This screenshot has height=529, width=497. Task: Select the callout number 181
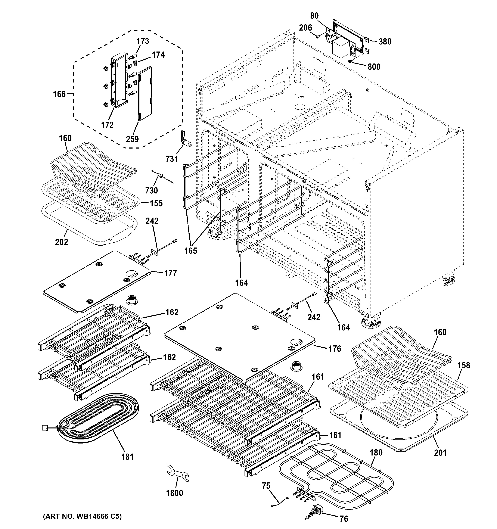click(x=127, y=457)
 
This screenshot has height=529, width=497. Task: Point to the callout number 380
click(x=385, y=41)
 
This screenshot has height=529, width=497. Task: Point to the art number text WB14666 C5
click(x=82, y=516)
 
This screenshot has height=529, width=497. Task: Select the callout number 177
click(x=171, y=273)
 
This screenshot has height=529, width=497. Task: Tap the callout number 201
click(x=440, y=452)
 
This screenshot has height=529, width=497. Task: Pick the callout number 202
click(x=62, y=242)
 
